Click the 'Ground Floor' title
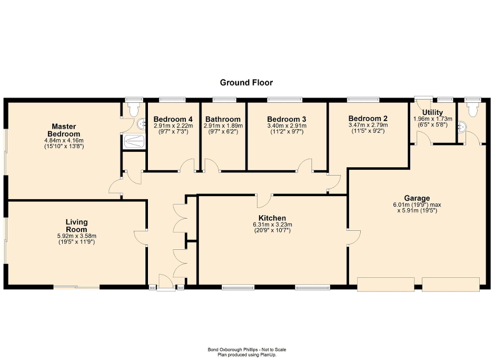(x=246, y=82)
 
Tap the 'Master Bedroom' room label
(x=64, y=130)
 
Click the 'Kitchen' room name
(x=272, y=218)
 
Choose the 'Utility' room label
(x=432, y=113)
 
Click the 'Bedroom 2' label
(x=368, y=118)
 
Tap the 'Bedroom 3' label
(x=286, y=119)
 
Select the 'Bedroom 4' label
(x=173, y=119)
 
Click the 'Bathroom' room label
(x=223, y=119)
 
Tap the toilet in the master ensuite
(x=131, y=109)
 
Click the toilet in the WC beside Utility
(x=473, y=109)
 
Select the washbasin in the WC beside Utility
(x=461, y=127)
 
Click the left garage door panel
(x=386, y=284)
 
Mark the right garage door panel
(x=451, y=284)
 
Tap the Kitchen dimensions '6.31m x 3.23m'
(x=272, y=225)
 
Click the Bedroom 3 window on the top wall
(x=284, y=99)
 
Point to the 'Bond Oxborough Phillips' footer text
(x=246, y=349)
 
